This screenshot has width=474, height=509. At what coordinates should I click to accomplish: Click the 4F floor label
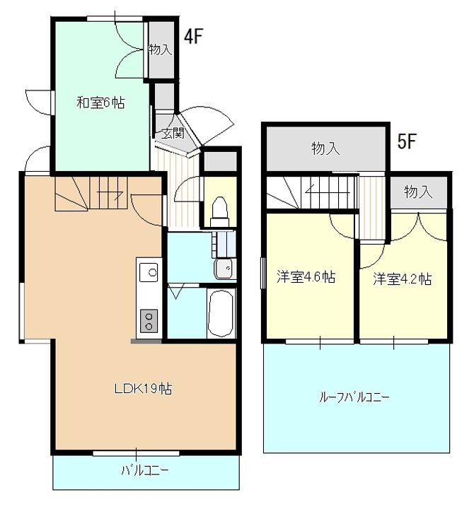pos(193,36)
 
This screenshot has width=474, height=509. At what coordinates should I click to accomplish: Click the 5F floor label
pos(407,141)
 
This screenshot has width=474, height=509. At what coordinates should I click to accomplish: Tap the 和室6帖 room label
pos(100,103)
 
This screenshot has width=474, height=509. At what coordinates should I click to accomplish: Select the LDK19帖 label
pos(144,388)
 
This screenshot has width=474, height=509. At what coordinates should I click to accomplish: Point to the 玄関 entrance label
pos(173,133)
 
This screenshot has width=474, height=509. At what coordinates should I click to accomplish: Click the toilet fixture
pos(219,211)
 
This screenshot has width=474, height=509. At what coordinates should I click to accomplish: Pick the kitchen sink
pos(149,272)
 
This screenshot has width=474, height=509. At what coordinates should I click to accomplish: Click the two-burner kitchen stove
pos(149,321)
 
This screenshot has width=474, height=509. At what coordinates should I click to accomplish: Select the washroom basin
pos(223,269)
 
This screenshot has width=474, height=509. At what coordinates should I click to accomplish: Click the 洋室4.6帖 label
pos(306,277)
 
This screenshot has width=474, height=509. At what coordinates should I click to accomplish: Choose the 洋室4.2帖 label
pos(403,279)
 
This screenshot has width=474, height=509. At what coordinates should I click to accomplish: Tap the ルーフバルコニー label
pos(354,397)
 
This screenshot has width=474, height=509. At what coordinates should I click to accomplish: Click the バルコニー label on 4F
pos(145,470)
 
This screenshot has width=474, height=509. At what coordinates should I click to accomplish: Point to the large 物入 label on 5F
pos(325,148)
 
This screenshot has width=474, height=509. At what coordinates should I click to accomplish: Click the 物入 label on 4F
pos(160,49)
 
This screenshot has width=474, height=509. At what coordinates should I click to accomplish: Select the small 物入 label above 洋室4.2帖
pos(418,192)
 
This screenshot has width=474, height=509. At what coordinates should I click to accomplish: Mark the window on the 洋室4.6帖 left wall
pos(263,273)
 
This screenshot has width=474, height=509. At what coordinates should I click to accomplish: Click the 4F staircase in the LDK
pos(91,194)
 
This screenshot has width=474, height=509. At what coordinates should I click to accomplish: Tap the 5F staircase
pos(312,192)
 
